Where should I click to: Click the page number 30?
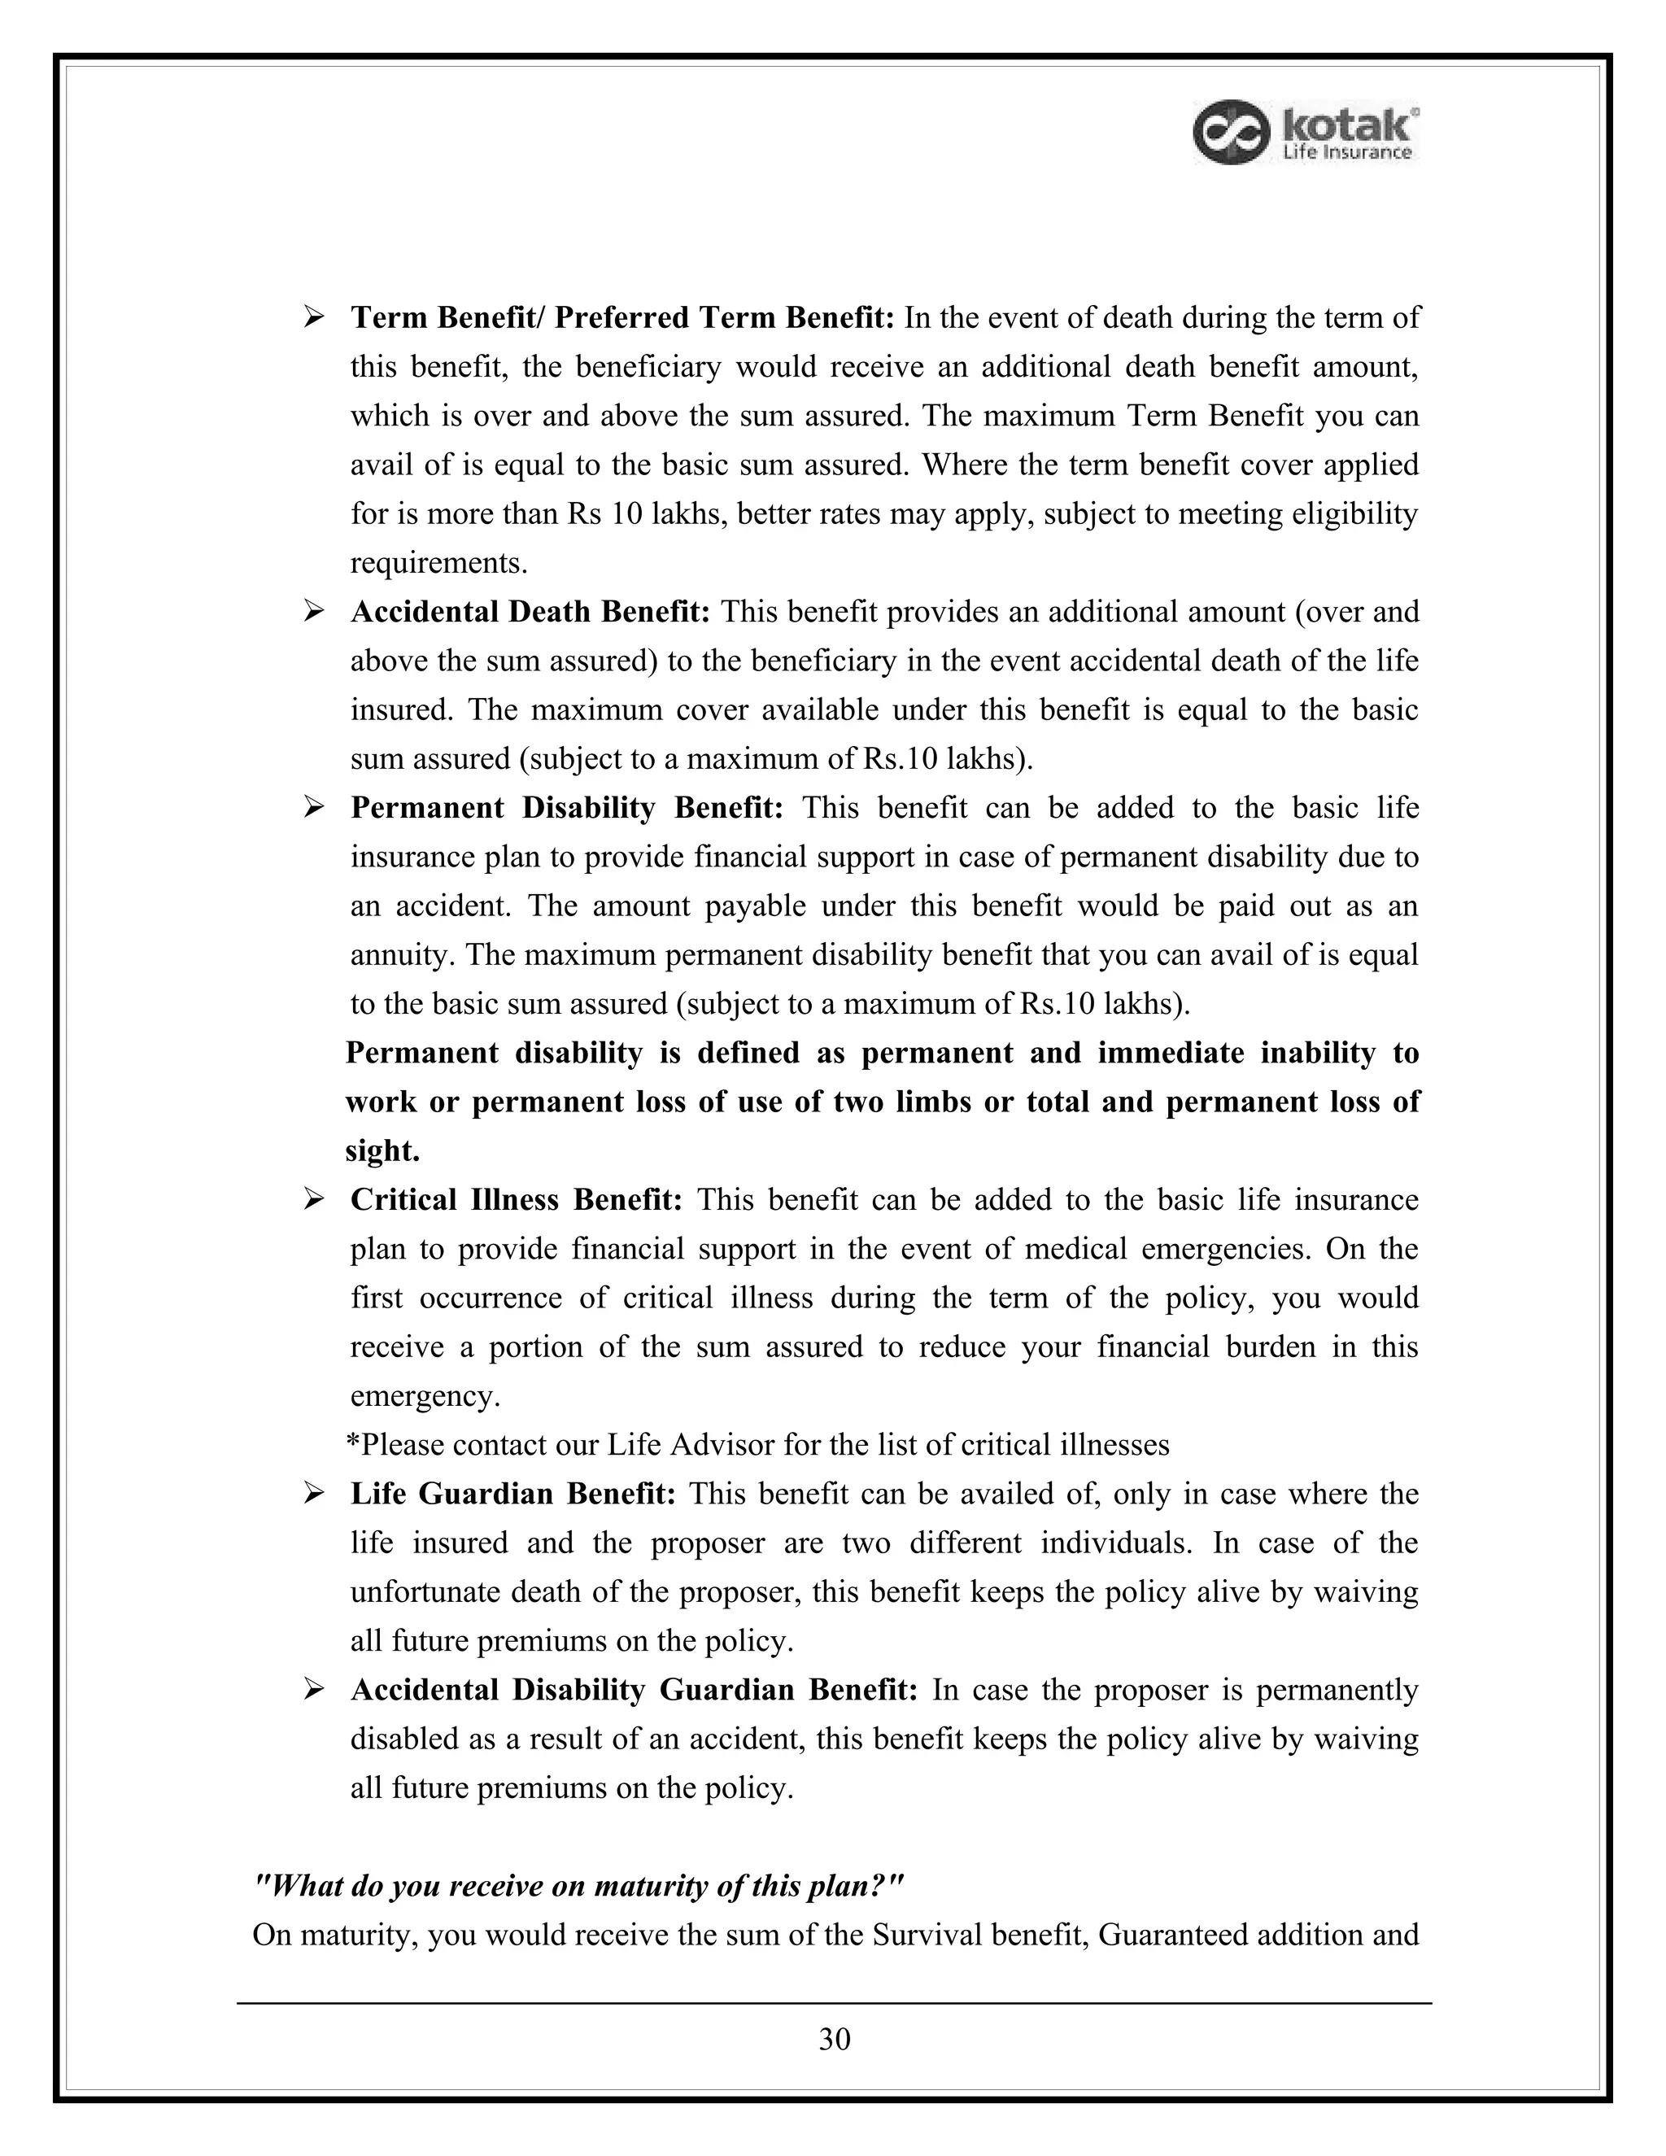(x=834, y=2039)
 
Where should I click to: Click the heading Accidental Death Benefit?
(x=530, y=612)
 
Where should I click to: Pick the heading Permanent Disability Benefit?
(x=566, y=808)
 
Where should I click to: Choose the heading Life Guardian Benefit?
(x=512, y=1494)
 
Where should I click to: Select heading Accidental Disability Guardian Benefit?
(x=634, y=1689)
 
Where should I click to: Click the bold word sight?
(x=382, y=1151)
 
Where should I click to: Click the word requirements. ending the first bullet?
(x=439, y=564)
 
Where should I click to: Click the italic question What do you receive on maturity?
(x=578, y=1886)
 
